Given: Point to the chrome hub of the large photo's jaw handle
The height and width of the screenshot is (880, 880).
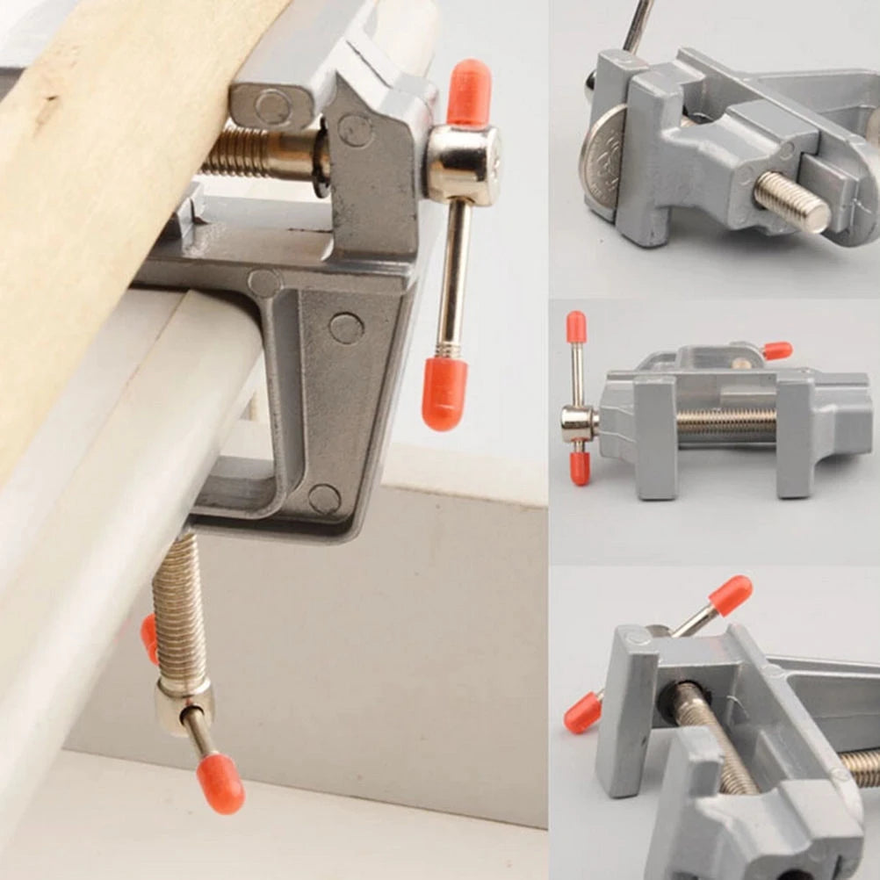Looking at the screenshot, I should pyautogui.click(x=462, y=164).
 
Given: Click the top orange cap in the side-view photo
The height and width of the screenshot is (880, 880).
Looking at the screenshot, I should pyautogui.click(x=576, y=327).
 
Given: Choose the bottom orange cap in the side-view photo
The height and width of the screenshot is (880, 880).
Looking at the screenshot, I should pyautogui.click(x=580, y=467).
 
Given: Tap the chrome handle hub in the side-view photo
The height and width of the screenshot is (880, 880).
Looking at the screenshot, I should pyautogui.click(x=578, y=424).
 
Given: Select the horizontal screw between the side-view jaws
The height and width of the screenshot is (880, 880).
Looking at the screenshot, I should pyautogui.click(x=725, y=425).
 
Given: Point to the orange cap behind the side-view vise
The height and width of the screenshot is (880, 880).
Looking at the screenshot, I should pyautogui.click(x=777, y=351).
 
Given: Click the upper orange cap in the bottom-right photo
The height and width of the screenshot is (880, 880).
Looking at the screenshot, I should pyautogui.click(x=730, y=594).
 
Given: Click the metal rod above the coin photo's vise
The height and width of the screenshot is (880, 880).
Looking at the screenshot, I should pyautogui.click(x=638, y=25).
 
